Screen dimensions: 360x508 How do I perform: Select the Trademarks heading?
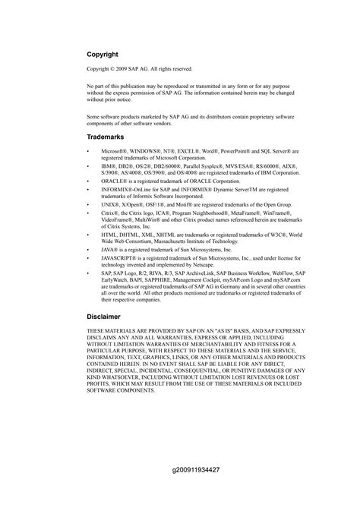coord(107,137)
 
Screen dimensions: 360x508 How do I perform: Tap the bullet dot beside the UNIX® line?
coord(90,204)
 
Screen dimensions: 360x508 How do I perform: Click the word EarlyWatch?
coord(117,279)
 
